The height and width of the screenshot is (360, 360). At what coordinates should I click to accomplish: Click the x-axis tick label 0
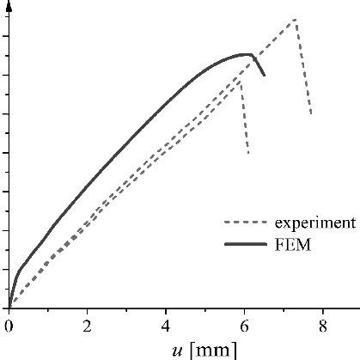tap(8, 326)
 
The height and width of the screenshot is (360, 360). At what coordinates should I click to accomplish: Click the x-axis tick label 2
tap(87, 326)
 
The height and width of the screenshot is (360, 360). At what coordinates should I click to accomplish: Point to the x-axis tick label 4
tap(166, 326)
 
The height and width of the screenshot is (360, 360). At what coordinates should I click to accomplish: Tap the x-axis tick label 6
tap(244, 326)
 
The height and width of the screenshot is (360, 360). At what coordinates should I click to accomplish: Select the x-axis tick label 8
tap(323, 326)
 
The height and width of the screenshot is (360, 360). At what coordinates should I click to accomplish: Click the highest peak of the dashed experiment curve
tap(296, 19)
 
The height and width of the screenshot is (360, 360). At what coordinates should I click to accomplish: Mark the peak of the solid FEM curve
tap(249, 54)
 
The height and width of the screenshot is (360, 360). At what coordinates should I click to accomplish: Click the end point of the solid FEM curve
tap(264, 76)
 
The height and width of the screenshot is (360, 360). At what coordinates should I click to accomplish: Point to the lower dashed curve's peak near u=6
tap(240, 82)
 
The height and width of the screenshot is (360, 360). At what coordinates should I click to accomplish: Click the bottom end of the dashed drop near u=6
tap(248, 155)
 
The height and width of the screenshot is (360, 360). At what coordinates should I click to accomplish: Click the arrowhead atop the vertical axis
tap(8, 5)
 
